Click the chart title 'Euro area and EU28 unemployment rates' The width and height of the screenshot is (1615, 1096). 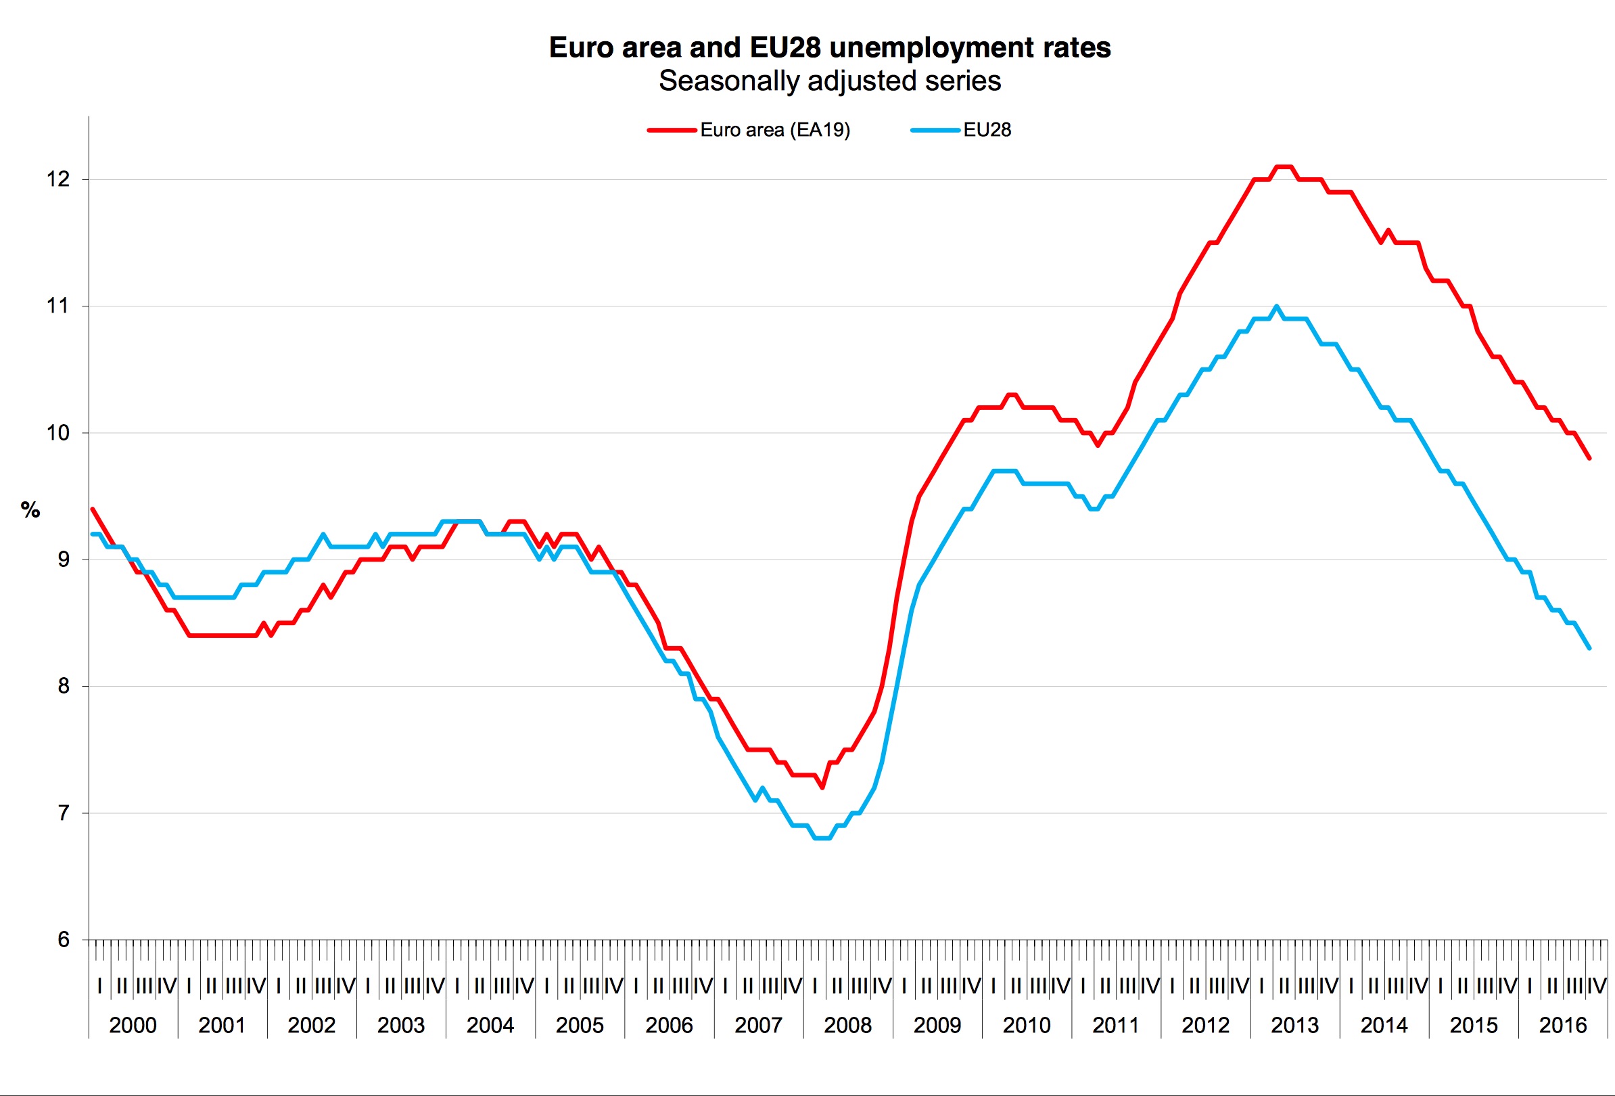830,47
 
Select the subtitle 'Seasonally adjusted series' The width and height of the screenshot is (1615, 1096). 830,81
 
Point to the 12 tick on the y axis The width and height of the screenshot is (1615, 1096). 58,179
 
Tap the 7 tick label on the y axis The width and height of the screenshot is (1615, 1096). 64,813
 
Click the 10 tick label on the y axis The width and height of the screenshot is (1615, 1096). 58,433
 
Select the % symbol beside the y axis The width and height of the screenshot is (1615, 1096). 30,510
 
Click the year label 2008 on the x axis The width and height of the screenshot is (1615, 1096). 848,1025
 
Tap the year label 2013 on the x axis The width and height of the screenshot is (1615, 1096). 1294,1025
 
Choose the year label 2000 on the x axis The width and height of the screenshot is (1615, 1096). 133,1025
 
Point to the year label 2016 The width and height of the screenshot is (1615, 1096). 1563,1025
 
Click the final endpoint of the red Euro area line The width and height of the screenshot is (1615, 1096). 1589,458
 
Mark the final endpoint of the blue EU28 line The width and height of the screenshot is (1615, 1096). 1589,647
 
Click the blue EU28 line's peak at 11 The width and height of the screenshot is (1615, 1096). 1277,306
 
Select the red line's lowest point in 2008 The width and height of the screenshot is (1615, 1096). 822,787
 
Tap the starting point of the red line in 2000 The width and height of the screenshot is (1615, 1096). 93,509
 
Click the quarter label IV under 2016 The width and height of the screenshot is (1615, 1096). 1596,986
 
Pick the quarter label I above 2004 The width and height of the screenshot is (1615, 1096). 457,986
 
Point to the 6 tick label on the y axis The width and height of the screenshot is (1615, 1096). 64,940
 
